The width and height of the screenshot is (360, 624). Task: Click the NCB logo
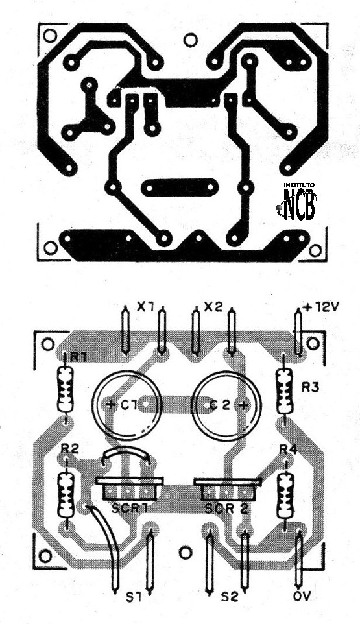299,204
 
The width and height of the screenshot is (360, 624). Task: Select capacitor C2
224,403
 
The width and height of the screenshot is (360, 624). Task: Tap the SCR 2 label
227,509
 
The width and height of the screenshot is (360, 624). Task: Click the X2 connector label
213,306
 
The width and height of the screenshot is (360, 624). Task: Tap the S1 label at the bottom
132,595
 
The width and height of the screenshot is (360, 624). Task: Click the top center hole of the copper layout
190,40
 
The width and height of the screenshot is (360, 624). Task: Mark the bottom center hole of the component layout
186,552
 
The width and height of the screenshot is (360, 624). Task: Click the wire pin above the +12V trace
298,331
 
